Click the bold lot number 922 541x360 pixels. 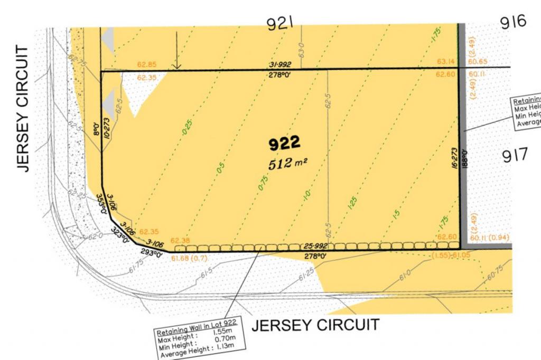click(285, 143)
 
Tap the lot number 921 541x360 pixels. click(281, 24)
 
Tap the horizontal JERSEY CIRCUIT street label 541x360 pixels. click(315, 325)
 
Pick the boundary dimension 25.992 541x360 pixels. click(315, 245)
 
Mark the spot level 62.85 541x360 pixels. click(147, 65)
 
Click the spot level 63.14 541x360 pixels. click(445, 62)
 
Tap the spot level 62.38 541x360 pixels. click(180, 240)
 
